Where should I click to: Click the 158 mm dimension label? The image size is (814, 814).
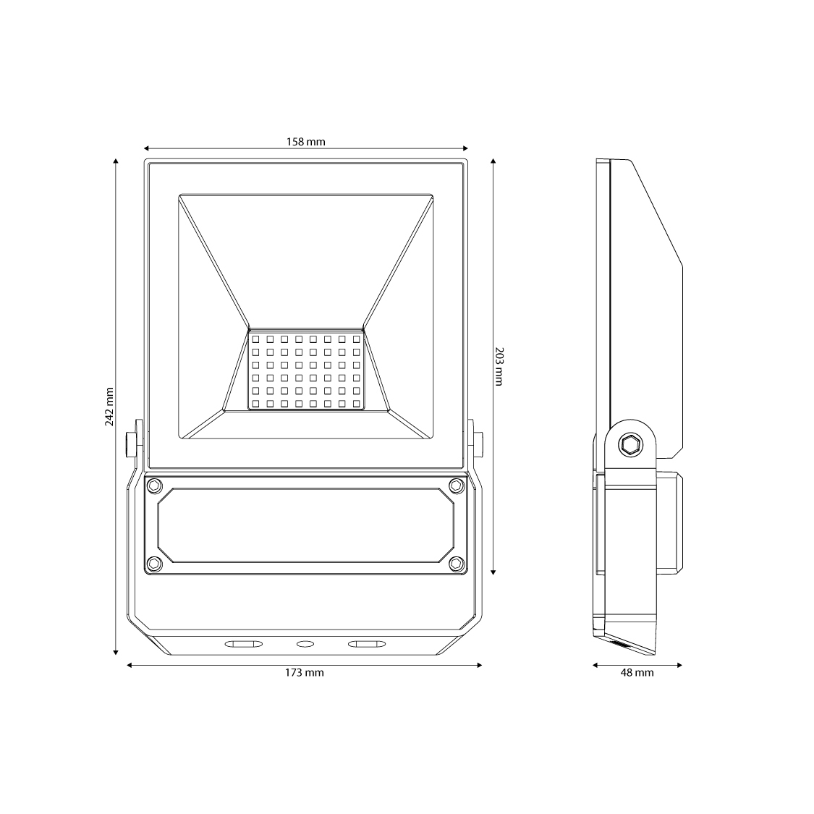[x=306, y=142]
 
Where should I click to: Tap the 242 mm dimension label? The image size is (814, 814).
[x=109, y=407]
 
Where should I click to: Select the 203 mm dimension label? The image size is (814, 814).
[x=499, y=367]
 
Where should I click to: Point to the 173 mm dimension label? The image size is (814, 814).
[x=304, y=673]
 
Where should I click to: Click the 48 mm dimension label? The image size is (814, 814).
[x=637, y=673]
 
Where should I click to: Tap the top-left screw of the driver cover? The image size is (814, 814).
[x=154, y=486]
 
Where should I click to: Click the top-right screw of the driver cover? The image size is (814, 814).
[x=457, y=486]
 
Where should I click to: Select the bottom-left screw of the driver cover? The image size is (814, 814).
[x=154, y=563]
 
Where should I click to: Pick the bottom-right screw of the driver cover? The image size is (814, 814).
[x=457, y=563]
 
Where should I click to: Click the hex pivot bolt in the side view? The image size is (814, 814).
[x=630, y=445]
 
